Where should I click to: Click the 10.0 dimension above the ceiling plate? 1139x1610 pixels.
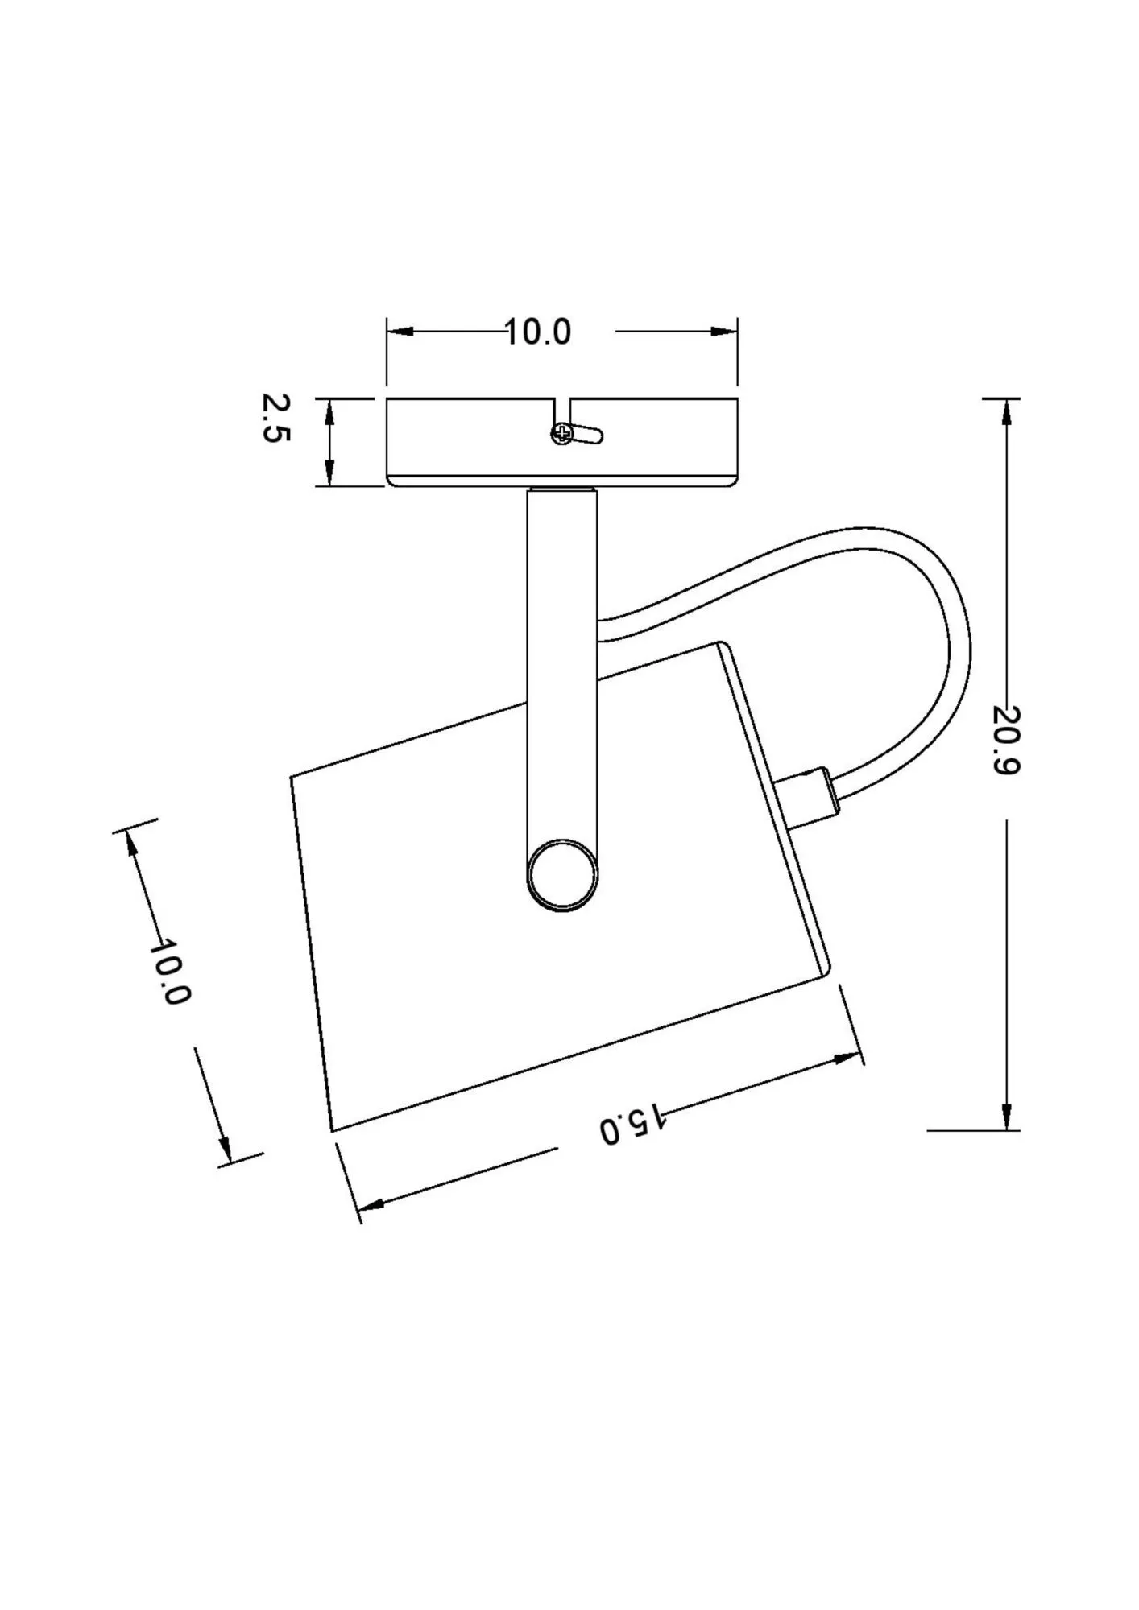click(538, 332)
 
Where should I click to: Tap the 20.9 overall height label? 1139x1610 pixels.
click(1006, 740)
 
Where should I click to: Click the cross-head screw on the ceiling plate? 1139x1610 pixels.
click(562, 435)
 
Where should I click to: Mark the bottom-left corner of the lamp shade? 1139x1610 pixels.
click(332, 1130)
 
